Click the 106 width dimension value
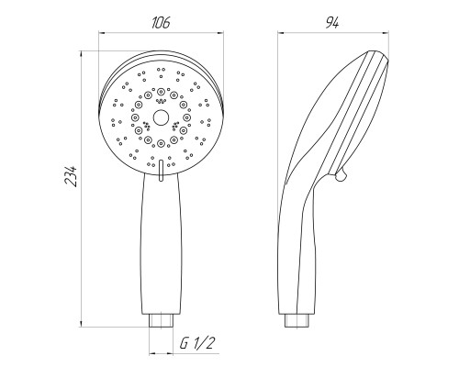pos(161,23)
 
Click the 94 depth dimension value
pos(332,23)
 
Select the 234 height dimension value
pos(72,177)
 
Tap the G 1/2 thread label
pos(196,343)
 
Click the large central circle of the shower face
pos(161,117)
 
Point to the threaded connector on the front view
pos(161,320)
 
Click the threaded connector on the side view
pos(297,320)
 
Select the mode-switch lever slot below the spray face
pos(161,172)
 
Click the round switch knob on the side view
pos(341,175)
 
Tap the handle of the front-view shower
pos(161,245)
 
